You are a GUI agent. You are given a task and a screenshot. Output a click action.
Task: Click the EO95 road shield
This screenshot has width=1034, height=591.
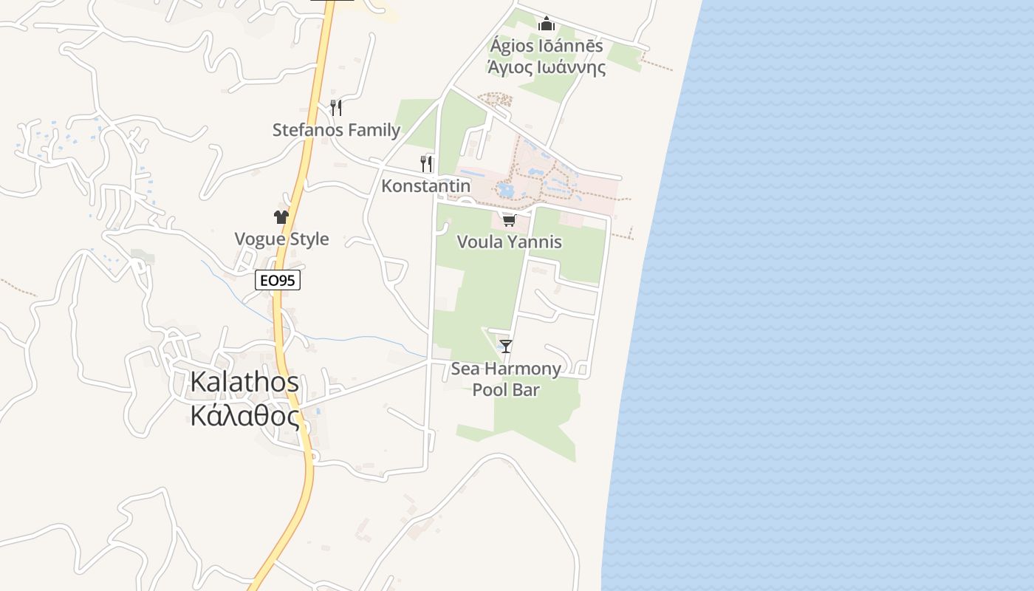coord(278,281)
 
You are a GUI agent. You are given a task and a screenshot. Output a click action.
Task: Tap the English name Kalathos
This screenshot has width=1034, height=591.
coord(244,382)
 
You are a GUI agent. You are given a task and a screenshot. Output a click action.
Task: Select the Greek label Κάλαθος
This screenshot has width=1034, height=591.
coord(244,416)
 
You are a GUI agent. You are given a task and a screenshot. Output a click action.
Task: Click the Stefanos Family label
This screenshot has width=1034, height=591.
coord(336,130)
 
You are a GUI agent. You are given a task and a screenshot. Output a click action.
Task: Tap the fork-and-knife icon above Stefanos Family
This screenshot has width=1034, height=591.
coord(336,108)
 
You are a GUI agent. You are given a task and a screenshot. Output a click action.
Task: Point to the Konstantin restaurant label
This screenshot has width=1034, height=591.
coord(425,185)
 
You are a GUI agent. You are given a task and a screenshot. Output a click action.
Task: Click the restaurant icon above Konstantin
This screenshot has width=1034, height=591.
coord(426,163)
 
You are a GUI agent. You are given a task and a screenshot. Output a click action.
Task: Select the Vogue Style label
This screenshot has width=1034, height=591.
coord(281,239)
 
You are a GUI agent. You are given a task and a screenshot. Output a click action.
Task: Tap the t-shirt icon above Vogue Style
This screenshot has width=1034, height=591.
coord(281,216)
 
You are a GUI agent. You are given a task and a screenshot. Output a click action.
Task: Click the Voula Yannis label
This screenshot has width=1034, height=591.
coord(509,242)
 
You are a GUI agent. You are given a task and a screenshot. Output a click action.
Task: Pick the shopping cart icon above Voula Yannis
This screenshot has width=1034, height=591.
coord(509,220)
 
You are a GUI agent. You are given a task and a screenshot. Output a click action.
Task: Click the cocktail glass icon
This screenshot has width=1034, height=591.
coord(506,346)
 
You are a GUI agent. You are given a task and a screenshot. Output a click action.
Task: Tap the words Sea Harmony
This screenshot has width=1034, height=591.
coord(506,368)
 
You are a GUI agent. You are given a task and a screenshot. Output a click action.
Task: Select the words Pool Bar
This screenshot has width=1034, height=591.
coord(506,389)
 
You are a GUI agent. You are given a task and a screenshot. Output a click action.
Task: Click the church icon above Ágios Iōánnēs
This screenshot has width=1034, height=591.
coord(547,24)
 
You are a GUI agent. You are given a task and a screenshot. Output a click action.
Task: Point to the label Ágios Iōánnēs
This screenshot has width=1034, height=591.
coord(547,46)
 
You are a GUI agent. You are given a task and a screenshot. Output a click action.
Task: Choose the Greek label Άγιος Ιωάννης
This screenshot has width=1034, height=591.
coord(547,68)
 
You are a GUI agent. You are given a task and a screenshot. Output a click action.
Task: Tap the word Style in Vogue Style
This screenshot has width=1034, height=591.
coord(308,239)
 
